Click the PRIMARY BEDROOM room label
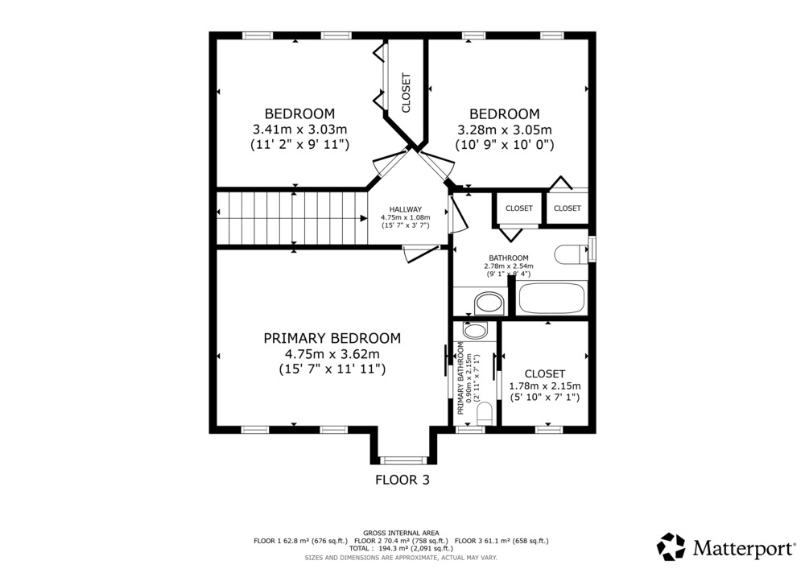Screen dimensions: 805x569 [332, 339]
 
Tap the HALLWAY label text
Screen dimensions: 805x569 [406, 209]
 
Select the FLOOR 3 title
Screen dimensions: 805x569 [402, 480]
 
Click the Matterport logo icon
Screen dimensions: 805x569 [671, 546]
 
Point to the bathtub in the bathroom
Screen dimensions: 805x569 [551, 298]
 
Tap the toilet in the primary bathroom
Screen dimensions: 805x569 [485, 414]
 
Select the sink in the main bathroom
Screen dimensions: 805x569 [489, 303]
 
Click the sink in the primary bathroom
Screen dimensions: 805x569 [476, 331]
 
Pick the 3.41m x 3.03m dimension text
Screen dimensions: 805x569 [299, 130]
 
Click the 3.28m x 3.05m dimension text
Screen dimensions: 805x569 [505, 130]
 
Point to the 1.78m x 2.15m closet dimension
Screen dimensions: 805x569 [545, 386]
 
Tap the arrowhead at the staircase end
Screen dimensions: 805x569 [364, 219]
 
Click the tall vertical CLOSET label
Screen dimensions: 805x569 [406, 93]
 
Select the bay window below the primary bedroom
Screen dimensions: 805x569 [403, 460]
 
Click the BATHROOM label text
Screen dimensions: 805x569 [508, 258]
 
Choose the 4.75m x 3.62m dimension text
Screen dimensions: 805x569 [332, 354]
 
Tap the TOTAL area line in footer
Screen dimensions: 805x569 [401, 548]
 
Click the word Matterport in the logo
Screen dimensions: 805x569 [743, 548]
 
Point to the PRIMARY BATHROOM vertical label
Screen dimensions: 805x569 [460, 378]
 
